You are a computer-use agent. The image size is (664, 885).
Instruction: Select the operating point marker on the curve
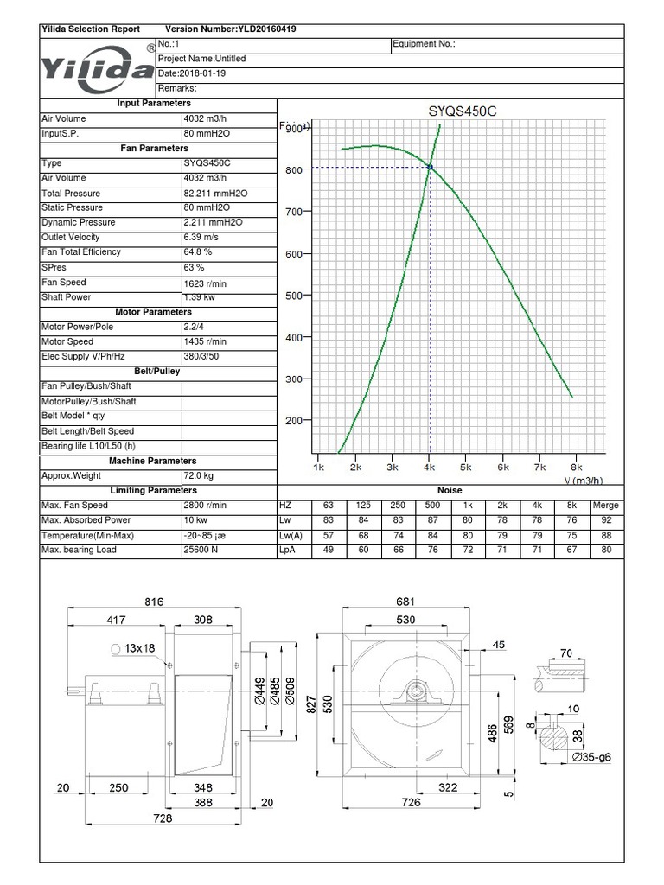430,167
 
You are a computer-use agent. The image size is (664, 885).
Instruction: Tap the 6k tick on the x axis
502,467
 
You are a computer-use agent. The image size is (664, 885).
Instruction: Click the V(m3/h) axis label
583,481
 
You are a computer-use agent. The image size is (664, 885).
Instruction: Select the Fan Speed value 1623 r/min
206,283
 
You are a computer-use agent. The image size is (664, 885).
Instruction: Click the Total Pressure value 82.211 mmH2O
215,194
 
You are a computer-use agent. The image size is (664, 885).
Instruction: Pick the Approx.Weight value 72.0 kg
198,475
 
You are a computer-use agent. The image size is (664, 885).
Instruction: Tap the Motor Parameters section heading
154,312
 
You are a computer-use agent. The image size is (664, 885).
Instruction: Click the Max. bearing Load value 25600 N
201,550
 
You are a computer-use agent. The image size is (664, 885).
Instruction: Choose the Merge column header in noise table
605,505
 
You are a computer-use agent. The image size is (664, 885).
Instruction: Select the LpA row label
287,550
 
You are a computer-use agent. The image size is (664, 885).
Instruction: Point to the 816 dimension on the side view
154,602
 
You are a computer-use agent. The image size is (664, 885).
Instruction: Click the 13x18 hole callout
137,647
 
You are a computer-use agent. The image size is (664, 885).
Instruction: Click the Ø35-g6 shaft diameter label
591,757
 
